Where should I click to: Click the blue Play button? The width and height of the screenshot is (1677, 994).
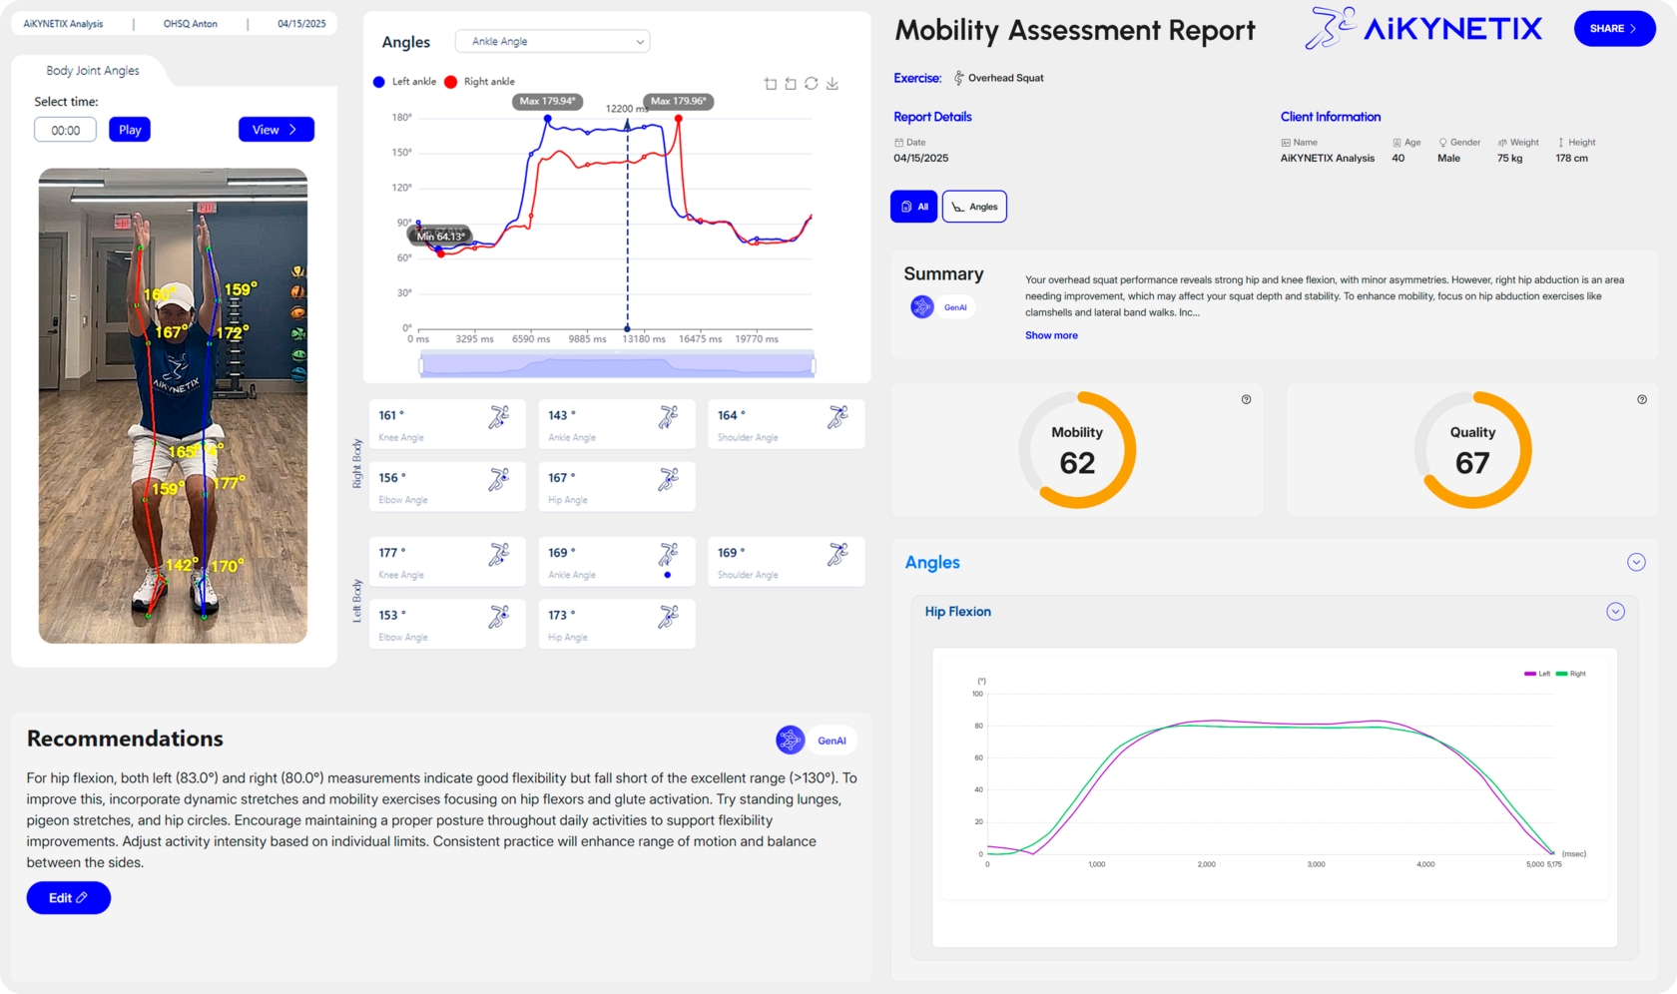pyautogui.click(x=130, y=130)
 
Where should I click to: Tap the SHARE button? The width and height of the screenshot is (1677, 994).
pyautogui.click(x=1613, y=29)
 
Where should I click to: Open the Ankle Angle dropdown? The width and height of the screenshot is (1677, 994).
pyautogui.click(x=552, y=42)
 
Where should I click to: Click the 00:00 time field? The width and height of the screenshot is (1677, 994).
pyautogui.click(x=66, y=130)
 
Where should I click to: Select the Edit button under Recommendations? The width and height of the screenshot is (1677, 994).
pyautogui.click(x=68, y=898)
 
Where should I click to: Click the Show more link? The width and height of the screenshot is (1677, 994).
pyautogui.click(x=1051, y=335)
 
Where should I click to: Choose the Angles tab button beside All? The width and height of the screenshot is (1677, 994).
pyautogui.click(x=974, y=207)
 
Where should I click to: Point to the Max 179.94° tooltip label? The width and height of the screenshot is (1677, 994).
pyautogui.click(x=547, y=101)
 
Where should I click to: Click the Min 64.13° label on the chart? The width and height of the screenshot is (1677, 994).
pyautogui.click(x=440, y=237)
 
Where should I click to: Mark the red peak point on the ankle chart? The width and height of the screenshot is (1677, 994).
pyautogui.click(x=679, y=119)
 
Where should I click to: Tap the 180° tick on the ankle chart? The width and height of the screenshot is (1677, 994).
pyautogui.click(x=401, y=118)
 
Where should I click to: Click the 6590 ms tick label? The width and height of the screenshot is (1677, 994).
pyautogui.click(x=531, y=339)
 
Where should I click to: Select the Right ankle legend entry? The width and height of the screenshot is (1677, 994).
pyautogui.click(x=480, y=82)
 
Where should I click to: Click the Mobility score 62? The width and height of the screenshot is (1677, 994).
pyautogui.click(x=1077, y=463)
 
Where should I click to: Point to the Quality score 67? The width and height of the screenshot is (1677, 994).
pyautogui.click(x=1472, y=463)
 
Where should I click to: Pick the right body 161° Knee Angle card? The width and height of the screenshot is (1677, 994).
pyautogui.click(x=446, y=424)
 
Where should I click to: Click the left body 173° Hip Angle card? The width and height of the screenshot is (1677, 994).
pyautogui.click(x=616, y=624)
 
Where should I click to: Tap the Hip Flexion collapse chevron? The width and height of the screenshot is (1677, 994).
pyautogui.click(x=1615, y=612)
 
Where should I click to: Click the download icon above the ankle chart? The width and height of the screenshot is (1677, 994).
pyautogui.click(x=833, y=84)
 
